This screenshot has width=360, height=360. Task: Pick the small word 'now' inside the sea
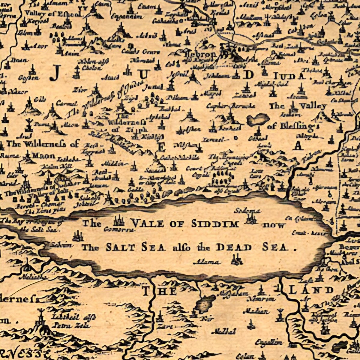tap(274, 225)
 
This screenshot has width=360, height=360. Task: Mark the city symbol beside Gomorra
tap(118, 221)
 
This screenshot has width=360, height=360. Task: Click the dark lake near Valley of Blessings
tap(258, 119)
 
